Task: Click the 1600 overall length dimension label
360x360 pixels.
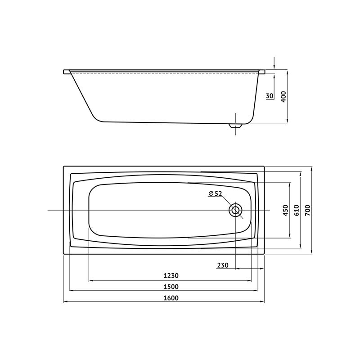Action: click(171, 298)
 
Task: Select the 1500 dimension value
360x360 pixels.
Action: click(171, 287)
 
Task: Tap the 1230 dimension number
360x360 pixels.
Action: click(171, 275)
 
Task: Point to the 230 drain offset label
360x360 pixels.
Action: click(223, 265)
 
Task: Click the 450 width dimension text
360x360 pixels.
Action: click(285, 210)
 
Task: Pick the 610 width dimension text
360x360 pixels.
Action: click(297, 210)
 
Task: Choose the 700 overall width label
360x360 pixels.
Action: click(307, 210)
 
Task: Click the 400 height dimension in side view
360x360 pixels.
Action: click(283, 97)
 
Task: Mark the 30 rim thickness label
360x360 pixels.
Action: click(270, 96)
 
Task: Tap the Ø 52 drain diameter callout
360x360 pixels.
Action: click(216, 194)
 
